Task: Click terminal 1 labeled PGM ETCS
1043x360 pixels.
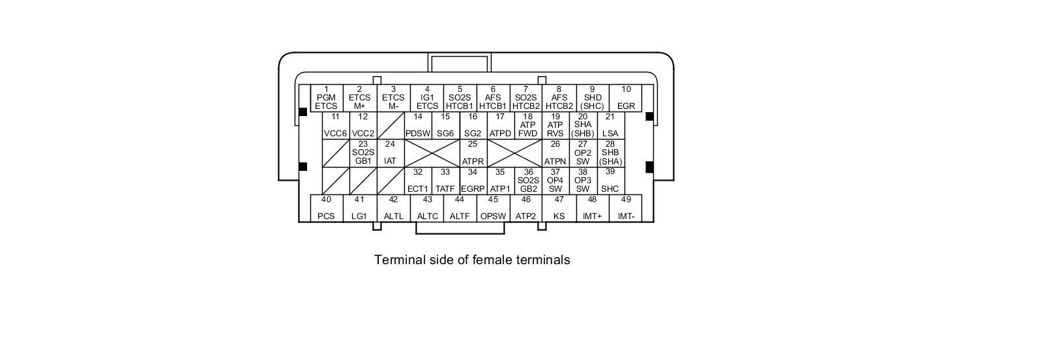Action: (326, 98)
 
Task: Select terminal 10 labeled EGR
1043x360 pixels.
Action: (626, 98)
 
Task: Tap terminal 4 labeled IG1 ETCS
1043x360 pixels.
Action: (427, 98)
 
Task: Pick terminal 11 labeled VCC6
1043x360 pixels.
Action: (335, 125)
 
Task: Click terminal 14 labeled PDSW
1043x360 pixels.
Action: (418, 125)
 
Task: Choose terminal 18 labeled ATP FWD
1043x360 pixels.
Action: (527, 125)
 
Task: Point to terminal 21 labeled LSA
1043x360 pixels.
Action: (610, 125)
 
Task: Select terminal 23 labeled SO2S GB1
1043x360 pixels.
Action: (363, 153)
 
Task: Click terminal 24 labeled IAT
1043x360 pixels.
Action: (390, 153)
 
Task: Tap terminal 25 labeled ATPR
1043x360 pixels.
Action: (473, 153)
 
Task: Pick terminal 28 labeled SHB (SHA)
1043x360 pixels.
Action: (610, 153)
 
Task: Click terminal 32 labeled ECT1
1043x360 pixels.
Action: (418, 181)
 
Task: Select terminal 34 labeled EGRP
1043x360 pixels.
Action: (473, 181)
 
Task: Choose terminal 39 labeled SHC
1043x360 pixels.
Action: (610, 181)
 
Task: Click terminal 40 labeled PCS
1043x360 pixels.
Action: (326, 208)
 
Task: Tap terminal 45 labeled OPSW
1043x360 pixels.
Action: (493, 208)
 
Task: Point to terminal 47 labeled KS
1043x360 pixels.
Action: (559, 208)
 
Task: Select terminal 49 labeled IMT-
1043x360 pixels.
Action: (626, 208)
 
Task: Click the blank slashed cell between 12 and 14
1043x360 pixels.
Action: (390, 125)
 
